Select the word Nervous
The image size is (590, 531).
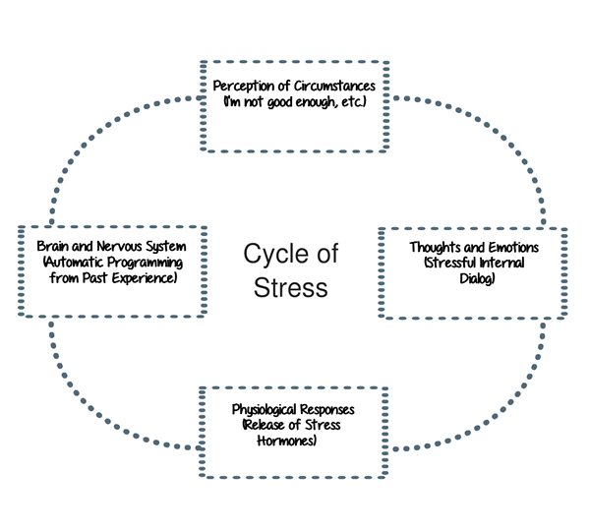pyautogui.click(x=121, y=246)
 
